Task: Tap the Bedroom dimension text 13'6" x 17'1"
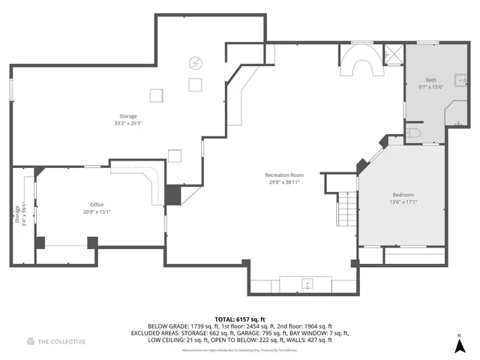[x=402, y=202]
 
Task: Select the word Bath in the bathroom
[x=430, y=79]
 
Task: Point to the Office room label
[x=97, y=204]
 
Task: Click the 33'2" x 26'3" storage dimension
[x=128, y=124]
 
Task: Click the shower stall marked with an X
[x=392, y=54]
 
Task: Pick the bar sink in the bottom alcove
[x=307, y=284]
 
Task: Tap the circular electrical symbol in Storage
[x=196, y=63]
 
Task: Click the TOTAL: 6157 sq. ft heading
[x=240, y=319]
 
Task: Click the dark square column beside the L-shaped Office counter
[x=174, y=196]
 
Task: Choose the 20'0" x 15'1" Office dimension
[x=97, y=211]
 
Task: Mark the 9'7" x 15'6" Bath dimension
[x=431, y=87]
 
